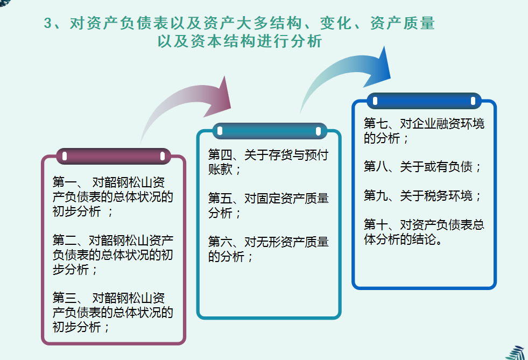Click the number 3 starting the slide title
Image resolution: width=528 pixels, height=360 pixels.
[48, 24]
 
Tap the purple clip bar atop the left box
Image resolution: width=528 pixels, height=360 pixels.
[114, 157]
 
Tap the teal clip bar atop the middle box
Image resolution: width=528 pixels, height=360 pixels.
[269, 131]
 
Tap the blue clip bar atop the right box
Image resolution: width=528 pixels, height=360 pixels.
[424, 101]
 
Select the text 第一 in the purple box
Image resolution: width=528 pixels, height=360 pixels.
[64, 181]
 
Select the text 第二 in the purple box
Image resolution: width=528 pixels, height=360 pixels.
[64, 239]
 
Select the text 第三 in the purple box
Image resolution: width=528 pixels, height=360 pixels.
[64, 298]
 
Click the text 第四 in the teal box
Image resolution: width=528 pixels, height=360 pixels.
[220, 156]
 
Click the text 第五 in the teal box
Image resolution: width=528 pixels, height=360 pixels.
[220, 199]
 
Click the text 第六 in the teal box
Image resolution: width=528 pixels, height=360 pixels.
[220, 242]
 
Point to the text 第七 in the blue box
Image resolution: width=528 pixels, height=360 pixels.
[375, 124]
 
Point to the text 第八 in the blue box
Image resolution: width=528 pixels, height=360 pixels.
[375, 167]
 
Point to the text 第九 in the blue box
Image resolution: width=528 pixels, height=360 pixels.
[375, 195]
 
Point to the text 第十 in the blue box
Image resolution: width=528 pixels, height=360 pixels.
[375, 224]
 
